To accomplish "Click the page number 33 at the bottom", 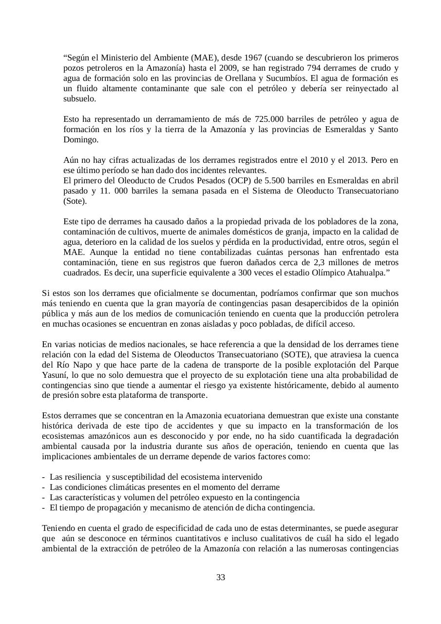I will point(221,578).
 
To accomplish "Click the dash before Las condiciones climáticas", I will point(44,487).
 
